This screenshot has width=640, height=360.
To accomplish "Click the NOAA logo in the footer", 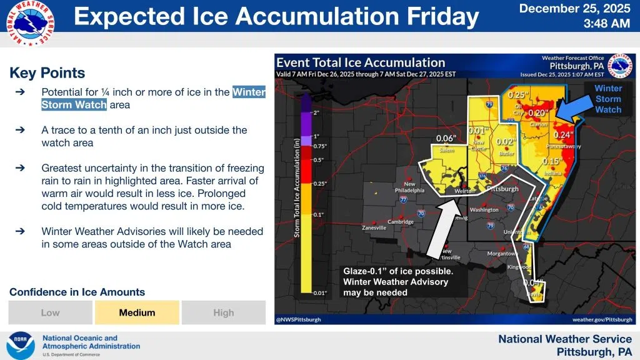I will tap(20, 346).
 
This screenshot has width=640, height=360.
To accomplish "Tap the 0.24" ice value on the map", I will tap(563, 135).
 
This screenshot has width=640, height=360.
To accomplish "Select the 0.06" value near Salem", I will tap(445, 139).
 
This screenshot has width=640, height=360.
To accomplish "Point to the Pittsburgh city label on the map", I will tap(502, 189).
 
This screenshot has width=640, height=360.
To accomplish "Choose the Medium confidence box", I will tap(137, 312).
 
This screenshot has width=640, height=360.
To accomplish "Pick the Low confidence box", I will tap(50, 312).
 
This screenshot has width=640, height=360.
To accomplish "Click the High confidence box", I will tap(223, 312).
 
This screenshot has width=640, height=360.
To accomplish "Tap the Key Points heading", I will tap(47, 73).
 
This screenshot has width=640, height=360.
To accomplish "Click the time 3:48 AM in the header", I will tap(606, 24).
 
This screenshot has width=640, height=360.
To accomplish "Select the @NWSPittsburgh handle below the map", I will tap(299, 319).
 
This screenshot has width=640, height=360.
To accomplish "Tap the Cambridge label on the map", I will tap(401, 222).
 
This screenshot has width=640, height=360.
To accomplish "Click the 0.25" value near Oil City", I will tap(519, 95).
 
